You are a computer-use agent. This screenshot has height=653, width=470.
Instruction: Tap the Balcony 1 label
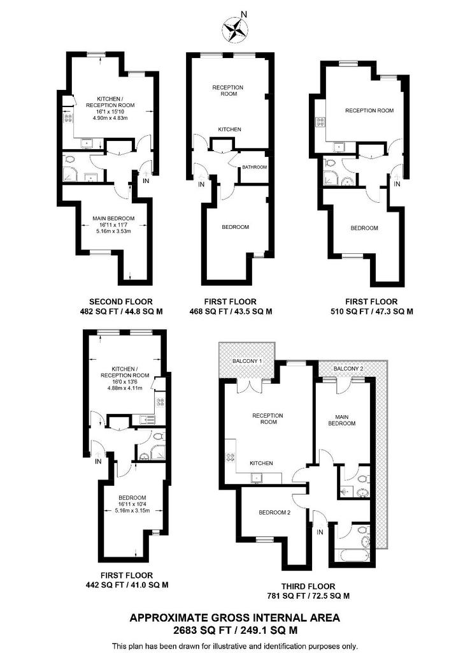tap(246, 361)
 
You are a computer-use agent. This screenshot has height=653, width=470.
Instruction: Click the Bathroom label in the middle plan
tap(254, 167)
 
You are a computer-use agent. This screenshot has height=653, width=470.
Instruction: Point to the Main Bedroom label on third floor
tap(342, 418)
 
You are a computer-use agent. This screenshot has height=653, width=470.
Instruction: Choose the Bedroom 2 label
tap(274, 512)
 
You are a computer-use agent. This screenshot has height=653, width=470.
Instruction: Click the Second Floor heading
tap(120, 302)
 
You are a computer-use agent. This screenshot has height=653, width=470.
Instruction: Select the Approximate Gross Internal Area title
tap(234, 617)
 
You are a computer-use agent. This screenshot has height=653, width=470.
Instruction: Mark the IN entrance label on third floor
tap(320, 532)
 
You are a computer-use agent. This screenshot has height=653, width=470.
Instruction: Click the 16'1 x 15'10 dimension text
tap(111, 112)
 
